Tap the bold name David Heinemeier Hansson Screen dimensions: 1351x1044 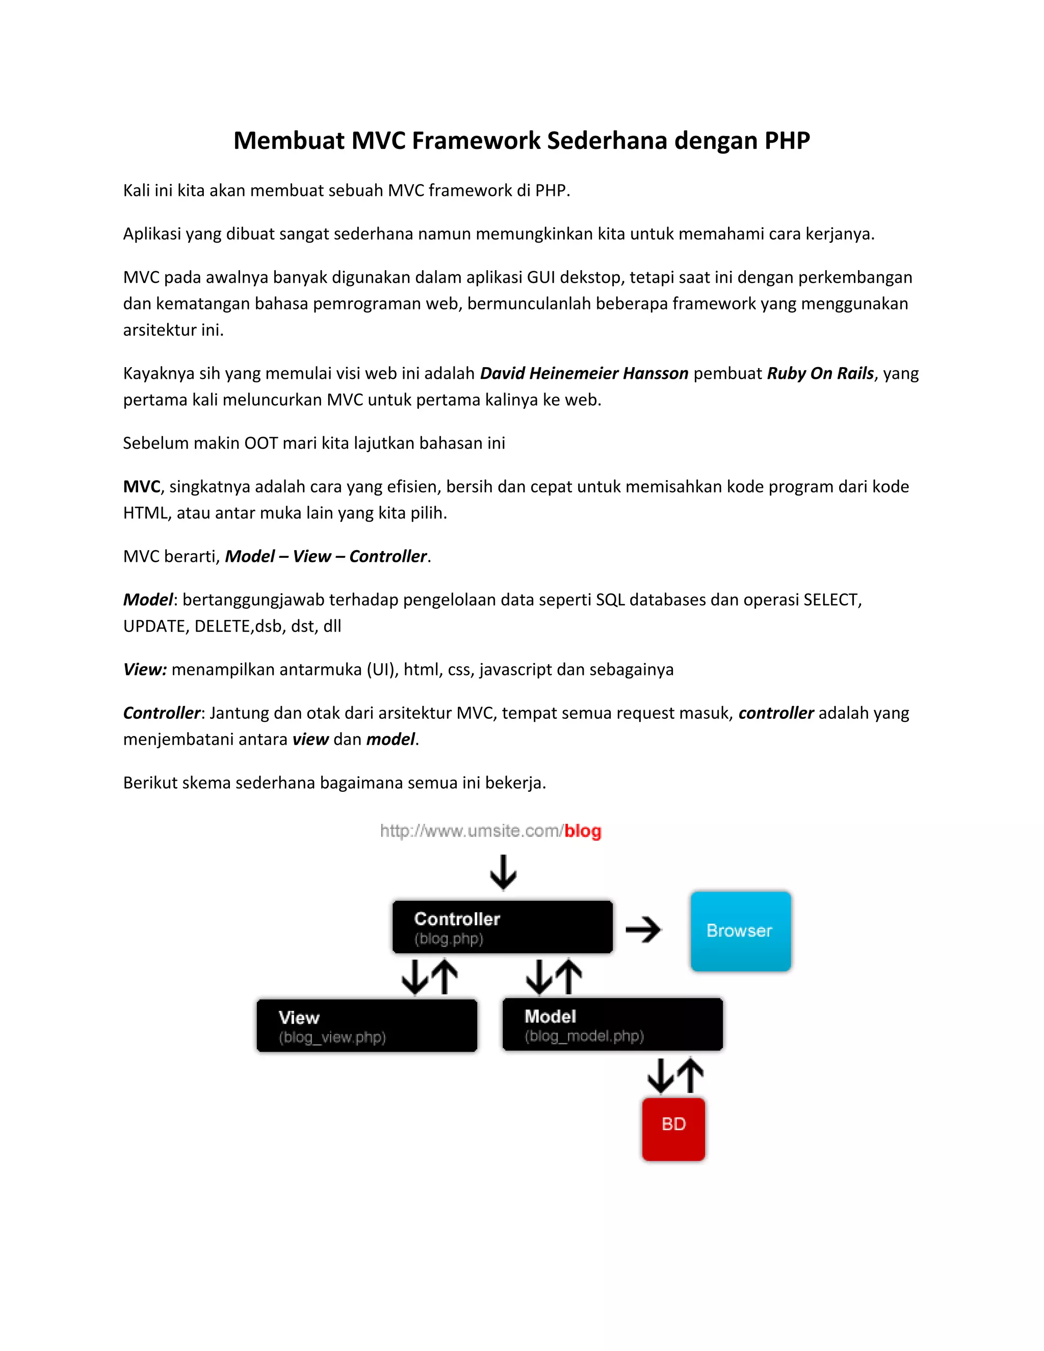pos(584,373)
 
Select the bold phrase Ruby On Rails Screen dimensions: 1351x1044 pos(820,373)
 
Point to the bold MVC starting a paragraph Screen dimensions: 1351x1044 pos(142,486)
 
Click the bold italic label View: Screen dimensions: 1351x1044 pos(145,669)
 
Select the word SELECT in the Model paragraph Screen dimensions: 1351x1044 pos(830,600)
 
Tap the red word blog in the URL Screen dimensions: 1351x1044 pos(583,831)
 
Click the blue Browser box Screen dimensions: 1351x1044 pos(740,931)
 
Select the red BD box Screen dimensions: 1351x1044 pos(673,1129)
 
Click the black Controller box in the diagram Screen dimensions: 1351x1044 pos(502,927)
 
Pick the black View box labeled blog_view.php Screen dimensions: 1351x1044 pos(367,1026)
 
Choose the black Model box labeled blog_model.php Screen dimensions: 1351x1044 pos(612,1024)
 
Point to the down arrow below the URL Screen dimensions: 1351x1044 pos(504,872)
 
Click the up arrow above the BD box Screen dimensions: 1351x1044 pos(691,1075)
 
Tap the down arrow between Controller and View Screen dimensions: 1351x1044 pos(414,977)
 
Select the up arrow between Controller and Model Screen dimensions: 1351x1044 pos(569,977)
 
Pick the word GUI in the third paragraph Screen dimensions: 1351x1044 pos(540,277)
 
